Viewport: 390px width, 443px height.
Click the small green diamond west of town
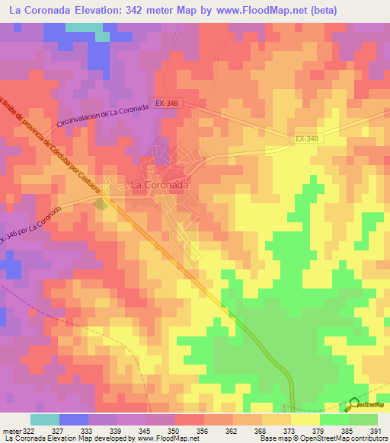click(100, 204)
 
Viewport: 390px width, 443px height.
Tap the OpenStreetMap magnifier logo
click(355, 405)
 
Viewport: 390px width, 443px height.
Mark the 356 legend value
click(204, 430)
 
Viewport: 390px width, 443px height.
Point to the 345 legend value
click(146, 430)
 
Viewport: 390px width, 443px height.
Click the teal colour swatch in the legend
click(44, 419)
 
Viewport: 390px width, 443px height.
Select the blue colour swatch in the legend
click(73, 419)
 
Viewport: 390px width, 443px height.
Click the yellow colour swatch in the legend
click(305, 419)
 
